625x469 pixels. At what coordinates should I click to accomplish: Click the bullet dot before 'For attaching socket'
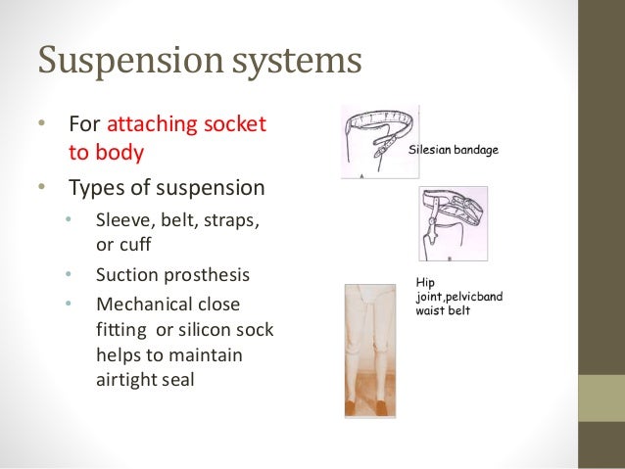pyautogui.click(x=40, y=127)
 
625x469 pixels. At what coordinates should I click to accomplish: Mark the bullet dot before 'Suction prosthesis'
pyautogui.click(x=70, y=272)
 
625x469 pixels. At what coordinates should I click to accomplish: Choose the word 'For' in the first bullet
pyautogui.click(x=82, y=127)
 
